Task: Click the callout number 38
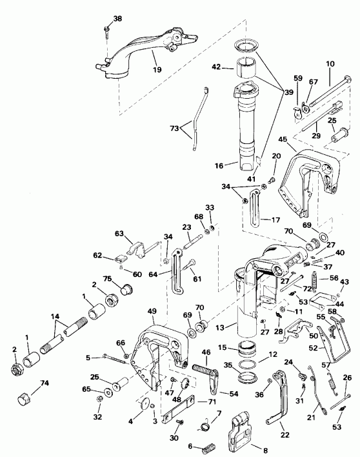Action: click(x=117, y=19)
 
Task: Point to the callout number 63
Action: click(x=119, y=234)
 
